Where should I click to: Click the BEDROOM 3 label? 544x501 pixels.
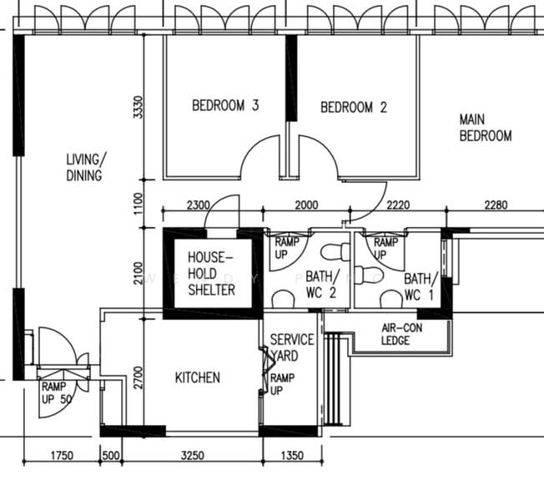pyautogui.click(x=225, y=106)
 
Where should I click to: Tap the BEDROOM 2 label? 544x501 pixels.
pyautogui.click(x=354, y=107)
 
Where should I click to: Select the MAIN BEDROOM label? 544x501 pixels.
pyautogui.click(x=486, y=128)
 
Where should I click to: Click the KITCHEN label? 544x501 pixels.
pyautogui.click(x=198, y=377)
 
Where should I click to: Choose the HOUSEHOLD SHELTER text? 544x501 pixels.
pyautogui.click(x=211, y=273)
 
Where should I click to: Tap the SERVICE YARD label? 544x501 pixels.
pyautogui.click(x=291, y=347)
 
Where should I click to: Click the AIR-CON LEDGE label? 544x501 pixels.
pyautogui.click(x=402, y=334)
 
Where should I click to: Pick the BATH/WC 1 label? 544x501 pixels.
pyautogui.click(x=420, y=286)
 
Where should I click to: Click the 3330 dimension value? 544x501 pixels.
pyautogui.click(x=139, y=108)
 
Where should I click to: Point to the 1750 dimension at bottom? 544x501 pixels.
pyautogui.click(x=63, y=456)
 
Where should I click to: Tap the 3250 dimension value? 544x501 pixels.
pyautogui.click(x=192, y=456)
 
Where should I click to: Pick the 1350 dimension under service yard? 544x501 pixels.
pyautogui.click(x=291, y=456)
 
